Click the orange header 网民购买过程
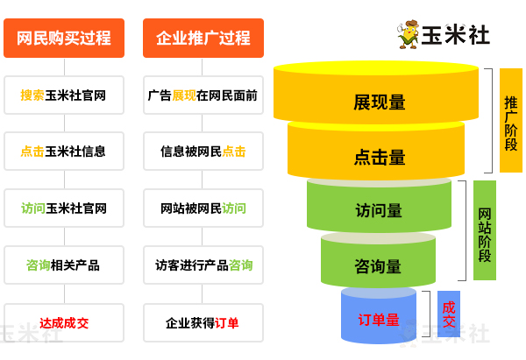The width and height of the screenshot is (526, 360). (x=63, y=39)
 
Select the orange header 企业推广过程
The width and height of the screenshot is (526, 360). (x=203, y=39)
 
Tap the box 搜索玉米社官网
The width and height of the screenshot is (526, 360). (x=63, y=95)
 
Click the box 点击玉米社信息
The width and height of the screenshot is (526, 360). (x=63, y=151)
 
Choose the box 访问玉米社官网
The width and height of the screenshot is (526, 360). (x=63, y=208)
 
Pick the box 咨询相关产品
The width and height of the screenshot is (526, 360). (x=63, y=265)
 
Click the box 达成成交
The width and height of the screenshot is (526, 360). (x=63, y=322)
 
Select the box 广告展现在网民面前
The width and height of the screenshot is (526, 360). (x=203, y=95)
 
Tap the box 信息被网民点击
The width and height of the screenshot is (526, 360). (x=203, y=151)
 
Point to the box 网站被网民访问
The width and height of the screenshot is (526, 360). (x=203, y=208)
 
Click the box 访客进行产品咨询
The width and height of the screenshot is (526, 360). (x=203, y=265)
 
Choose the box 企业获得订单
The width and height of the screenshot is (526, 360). (x=203, y=322)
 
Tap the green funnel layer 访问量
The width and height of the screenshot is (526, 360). (x=379, y=210)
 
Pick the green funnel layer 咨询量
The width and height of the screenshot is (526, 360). (x=379, y=265)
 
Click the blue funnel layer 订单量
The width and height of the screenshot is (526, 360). (x=379, y=319)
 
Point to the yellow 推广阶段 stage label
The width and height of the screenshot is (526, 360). (x=510, y=120)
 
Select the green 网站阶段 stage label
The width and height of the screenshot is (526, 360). (x=485, y=230)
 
